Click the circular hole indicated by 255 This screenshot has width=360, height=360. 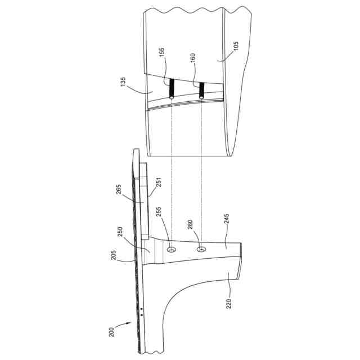coord(172,249)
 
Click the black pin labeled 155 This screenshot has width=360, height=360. coord(172,87)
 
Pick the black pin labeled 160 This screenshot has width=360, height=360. coord(201,89)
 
